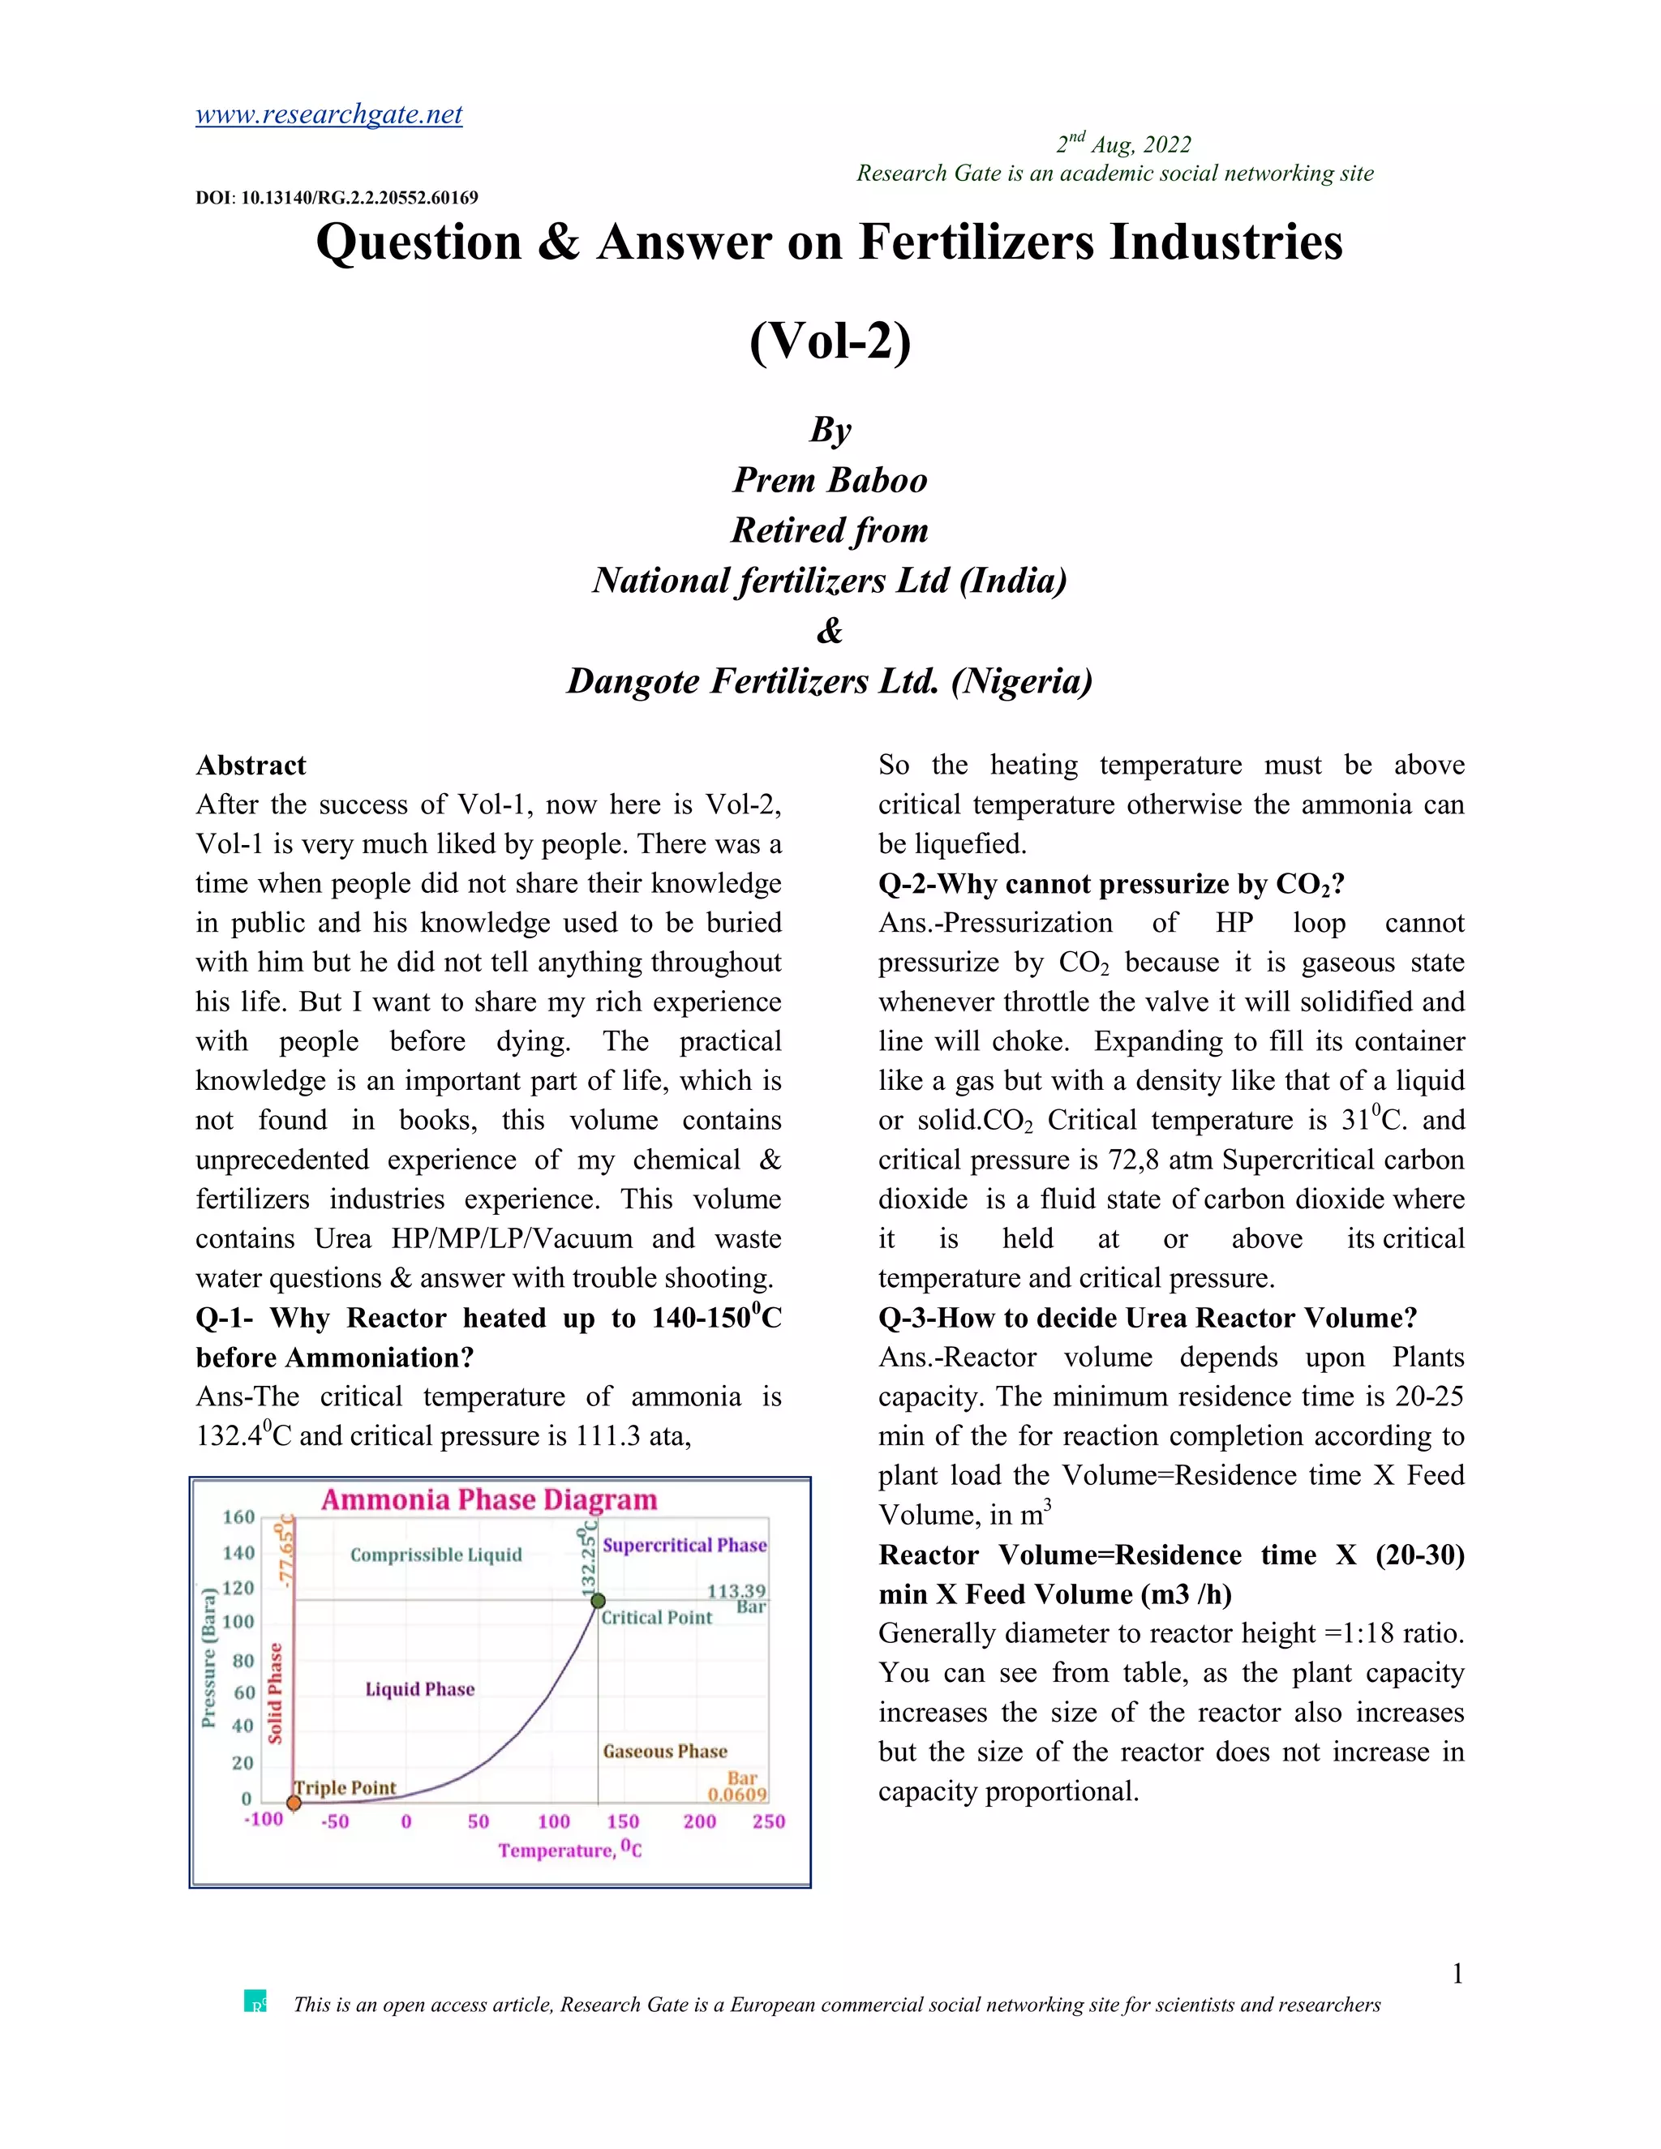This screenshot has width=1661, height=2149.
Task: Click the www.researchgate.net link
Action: click(x=328, y=115)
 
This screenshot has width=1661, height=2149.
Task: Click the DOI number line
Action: click(x=337, y=198)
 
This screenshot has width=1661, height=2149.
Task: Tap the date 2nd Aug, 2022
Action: click(x=1124, y=144)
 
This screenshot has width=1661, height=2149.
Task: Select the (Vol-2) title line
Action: click(x=830, y=341)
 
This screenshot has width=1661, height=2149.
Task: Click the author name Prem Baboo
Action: click(x=830, y=480)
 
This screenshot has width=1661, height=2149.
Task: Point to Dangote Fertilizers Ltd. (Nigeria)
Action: click(x=830, y=681)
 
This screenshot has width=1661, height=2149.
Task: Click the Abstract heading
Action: click(x=251, y=766)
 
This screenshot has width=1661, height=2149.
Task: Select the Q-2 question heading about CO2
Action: click(x=1111, y=884)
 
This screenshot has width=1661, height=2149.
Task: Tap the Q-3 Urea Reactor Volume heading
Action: click(x=1148, y=1318)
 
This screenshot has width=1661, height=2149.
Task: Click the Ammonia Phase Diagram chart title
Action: click(x=489, y=1499)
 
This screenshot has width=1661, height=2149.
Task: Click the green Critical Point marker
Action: click(x=597, y=1601)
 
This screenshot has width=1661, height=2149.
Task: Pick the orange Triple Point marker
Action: click(x=294, y=1803)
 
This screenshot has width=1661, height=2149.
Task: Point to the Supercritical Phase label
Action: click(x=684, y=1545)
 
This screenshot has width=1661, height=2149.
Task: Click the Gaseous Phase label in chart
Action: click(x=665, y=1752)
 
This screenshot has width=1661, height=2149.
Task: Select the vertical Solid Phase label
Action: click(x=276, y=1692)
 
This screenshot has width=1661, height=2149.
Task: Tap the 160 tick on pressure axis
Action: click(x=238, y=1516)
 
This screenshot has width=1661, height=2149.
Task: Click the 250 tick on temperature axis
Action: click(x=769, y=1821)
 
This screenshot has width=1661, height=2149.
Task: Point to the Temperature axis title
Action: click(x=569, y=1850)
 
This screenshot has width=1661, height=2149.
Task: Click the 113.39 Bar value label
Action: click(x=736, y=1591)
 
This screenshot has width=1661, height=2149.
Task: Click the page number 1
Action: click(x=1457, y=1974)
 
